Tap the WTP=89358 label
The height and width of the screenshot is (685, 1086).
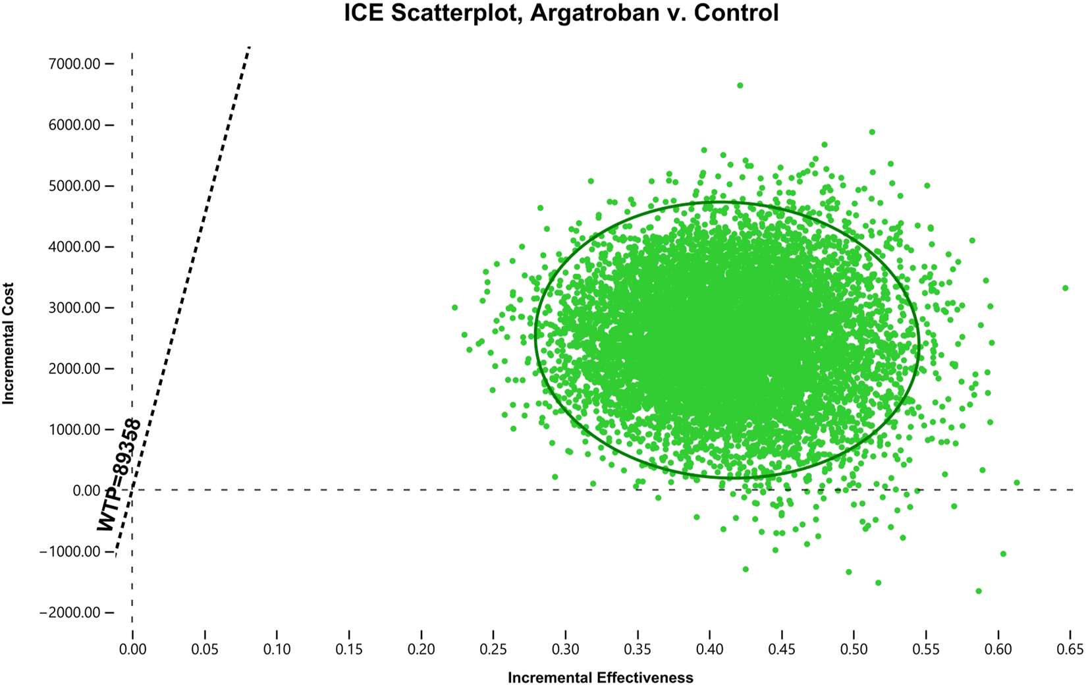[119, 475]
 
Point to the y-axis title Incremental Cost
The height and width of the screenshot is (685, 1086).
[9, 343]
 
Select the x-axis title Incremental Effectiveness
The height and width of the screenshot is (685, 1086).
[600, 678]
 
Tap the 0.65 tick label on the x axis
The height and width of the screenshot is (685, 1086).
[1070, 650]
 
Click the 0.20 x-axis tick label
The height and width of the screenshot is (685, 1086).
[421, 650]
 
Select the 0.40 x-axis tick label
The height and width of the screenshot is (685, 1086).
[709, 650]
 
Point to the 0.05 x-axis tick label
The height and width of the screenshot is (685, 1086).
[205, 650]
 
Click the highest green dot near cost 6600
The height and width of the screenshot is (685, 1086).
[740, 86]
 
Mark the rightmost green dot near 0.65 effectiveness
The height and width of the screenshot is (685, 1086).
[1065, 288]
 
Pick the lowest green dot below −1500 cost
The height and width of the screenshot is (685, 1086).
[979, 591]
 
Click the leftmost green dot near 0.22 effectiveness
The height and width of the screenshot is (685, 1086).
[454, 308]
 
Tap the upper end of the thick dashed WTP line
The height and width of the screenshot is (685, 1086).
[249, 49]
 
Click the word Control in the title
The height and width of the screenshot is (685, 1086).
[740, 13]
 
